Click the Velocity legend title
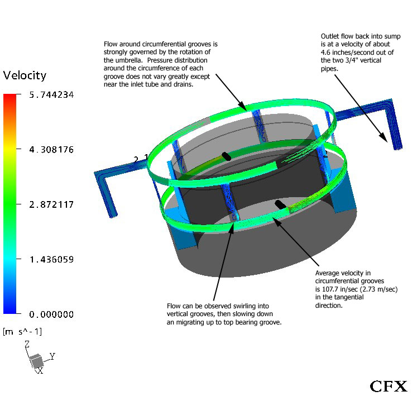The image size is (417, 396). (25, 75)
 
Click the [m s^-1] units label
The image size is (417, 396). (22, 332)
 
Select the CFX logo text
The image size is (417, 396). (389, 386)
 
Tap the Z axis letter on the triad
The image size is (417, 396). (26, 345)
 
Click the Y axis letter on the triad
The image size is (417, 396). (52, 355)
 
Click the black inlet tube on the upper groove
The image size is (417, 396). (226, 156)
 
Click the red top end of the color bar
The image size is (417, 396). (10, 97)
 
